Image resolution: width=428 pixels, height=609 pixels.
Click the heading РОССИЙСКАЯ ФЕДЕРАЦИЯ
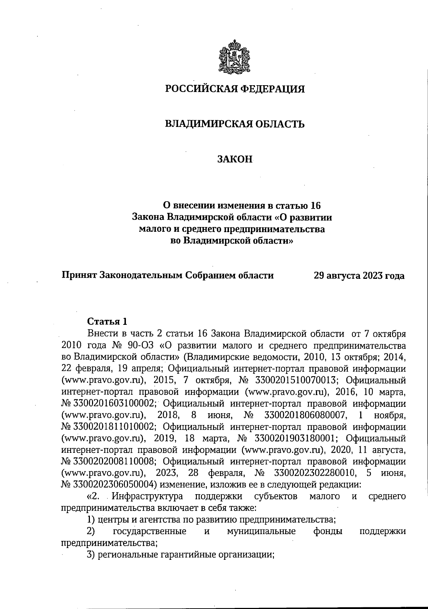[x=235, y=89]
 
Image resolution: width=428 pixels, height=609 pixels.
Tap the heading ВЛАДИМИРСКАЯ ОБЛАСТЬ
[x=235, y=124]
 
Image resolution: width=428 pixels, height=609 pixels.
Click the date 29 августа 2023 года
[x=359, y=276]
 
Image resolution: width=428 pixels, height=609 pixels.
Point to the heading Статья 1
[x=107, y=322]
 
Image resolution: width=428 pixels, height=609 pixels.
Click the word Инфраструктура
[x=147, y=496]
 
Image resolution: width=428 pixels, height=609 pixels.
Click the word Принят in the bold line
[x=79, y=276]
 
